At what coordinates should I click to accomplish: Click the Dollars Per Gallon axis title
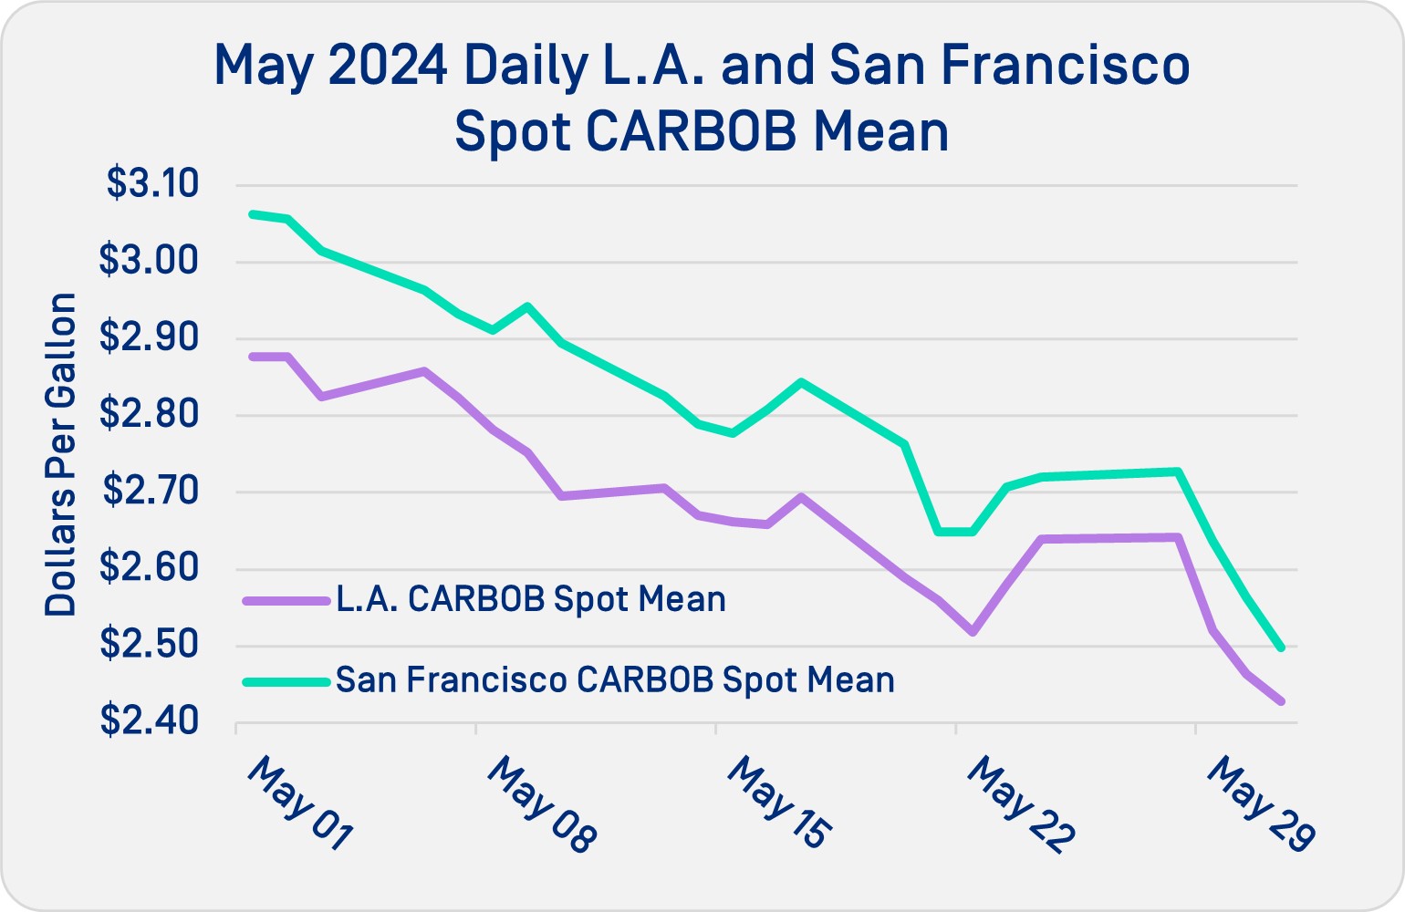(x=61, y=454)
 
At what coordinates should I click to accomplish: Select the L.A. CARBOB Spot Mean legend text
(x=531, y=599)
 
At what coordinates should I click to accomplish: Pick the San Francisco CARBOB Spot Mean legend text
(x=615, y=680)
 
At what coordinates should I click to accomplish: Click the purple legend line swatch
(x=286, y=600)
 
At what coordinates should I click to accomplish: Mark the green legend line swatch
(x=286, y=681)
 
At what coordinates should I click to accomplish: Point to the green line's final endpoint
(x=1282, y=648)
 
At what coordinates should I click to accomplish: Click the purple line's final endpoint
(x=1282, y=701)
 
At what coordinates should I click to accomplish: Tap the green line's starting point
(x=253, y=214)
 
